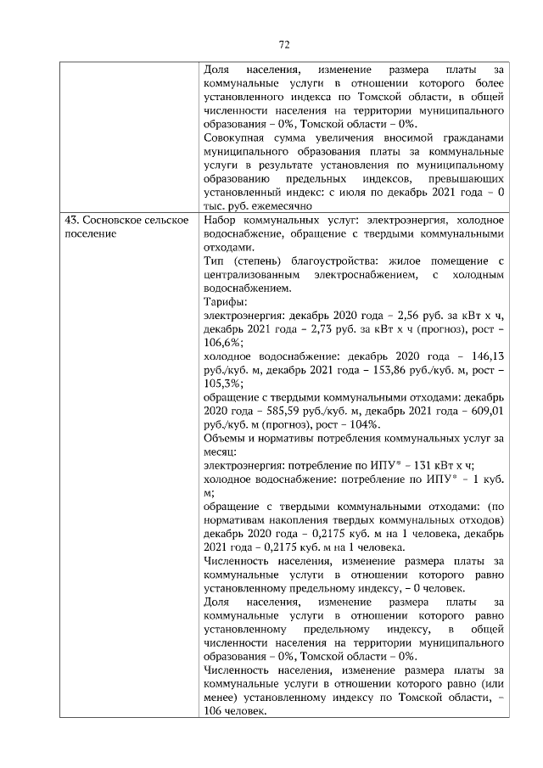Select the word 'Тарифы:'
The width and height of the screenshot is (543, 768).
(226, 301)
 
